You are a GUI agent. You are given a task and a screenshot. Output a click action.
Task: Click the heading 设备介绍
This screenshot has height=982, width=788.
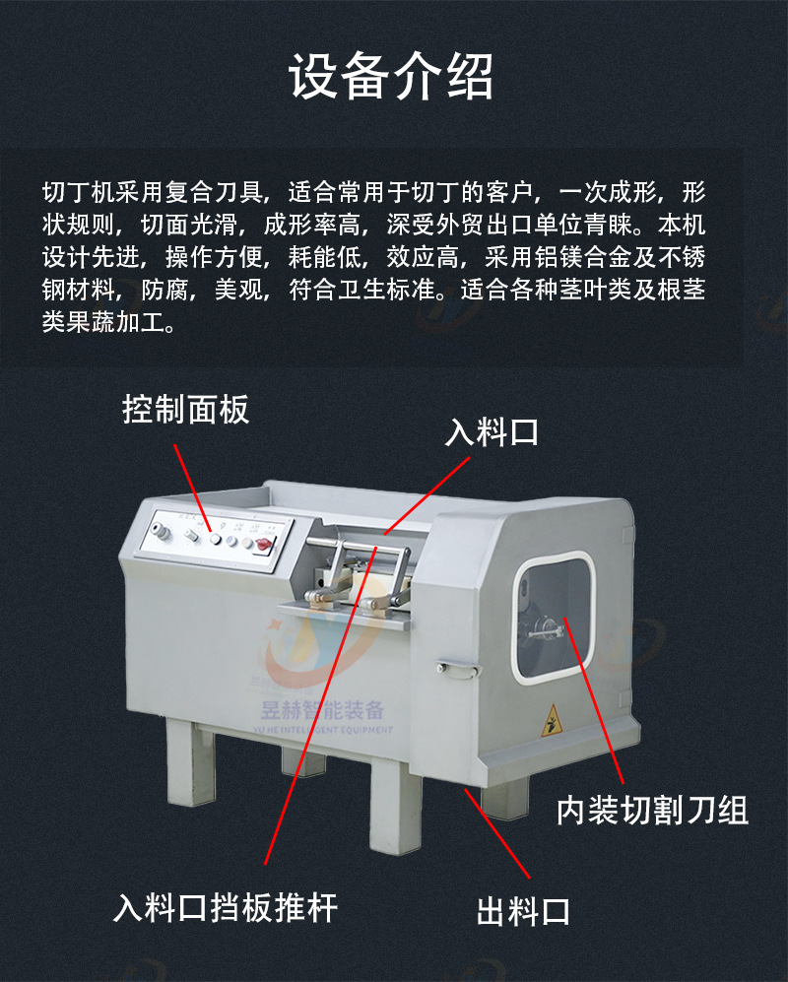click(391, 77)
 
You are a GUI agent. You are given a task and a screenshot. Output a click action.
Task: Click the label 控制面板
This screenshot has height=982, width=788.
click(186, 410)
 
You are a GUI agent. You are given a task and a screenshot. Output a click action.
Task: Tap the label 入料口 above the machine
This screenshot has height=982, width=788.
click(492, 432)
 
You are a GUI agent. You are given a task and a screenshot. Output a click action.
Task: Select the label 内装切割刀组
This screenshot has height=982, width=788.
click(653, 810)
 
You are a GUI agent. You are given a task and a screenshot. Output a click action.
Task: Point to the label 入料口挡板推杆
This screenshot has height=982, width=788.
click(226, 907)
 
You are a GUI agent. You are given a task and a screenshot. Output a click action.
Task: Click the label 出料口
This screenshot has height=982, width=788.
click(523, 911)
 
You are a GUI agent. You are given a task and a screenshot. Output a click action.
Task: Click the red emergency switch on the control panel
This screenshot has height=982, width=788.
click(265, 544)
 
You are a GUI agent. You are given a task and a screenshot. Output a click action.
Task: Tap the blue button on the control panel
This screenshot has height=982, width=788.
click(231, 541)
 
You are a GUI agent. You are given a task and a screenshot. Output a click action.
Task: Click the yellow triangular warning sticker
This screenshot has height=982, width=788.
click(552, 721)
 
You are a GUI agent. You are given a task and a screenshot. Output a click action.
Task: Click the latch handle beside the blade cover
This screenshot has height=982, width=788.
click(459, 669)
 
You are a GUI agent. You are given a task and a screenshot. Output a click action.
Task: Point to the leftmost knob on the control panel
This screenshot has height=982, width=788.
click(162, 532)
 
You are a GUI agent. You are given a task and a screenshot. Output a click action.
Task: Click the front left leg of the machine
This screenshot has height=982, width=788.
click(190, 762)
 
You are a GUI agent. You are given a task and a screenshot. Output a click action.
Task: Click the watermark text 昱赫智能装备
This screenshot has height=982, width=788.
click(322, 710)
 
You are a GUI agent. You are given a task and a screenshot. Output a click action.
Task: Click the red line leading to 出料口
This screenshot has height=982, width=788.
click(497, 833)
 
